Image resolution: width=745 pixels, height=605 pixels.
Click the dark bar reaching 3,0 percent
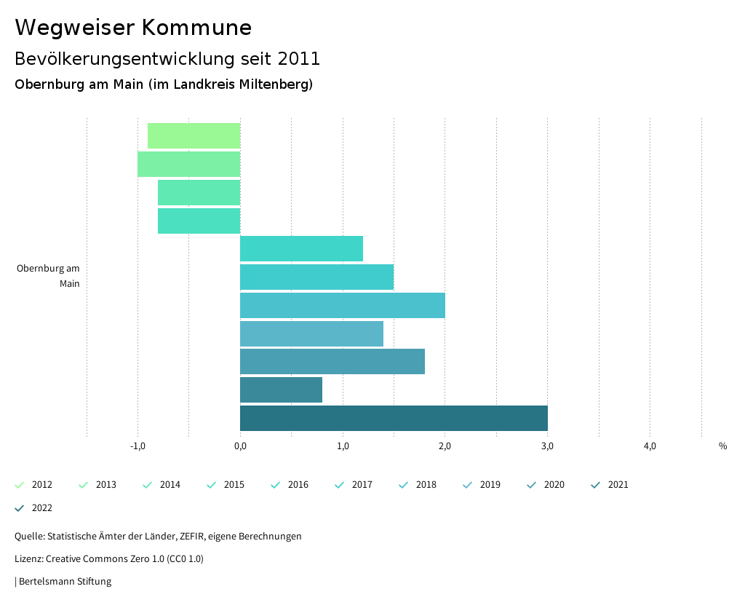pos(394,419)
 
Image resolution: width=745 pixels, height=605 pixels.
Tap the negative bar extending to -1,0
pos(188,164)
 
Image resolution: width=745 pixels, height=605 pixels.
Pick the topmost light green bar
pos(194,136)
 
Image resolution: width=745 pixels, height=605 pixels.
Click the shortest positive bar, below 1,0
pos(281,390)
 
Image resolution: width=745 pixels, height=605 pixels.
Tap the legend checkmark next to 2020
pos(531,485)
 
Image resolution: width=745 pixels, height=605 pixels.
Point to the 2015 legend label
pos(234,485)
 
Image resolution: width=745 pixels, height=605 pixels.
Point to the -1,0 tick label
pos(138,446)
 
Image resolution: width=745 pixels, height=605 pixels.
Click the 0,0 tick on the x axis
pos(240,446)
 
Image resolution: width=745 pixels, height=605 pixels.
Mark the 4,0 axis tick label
pos(650,446)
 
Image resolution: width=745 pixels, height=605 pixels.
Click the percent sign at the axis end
pos(722,446)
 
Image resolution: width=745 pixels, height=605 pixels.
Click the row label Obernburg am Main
pos(48,276)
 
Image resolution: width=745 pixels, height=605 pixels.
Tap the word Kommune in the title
pos(196,28)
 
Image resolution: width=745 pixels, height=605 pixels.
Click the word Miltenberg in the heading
pos(276,84)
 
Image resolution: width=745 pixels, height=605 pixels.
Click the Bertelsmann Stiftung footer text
pos(65,582)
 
